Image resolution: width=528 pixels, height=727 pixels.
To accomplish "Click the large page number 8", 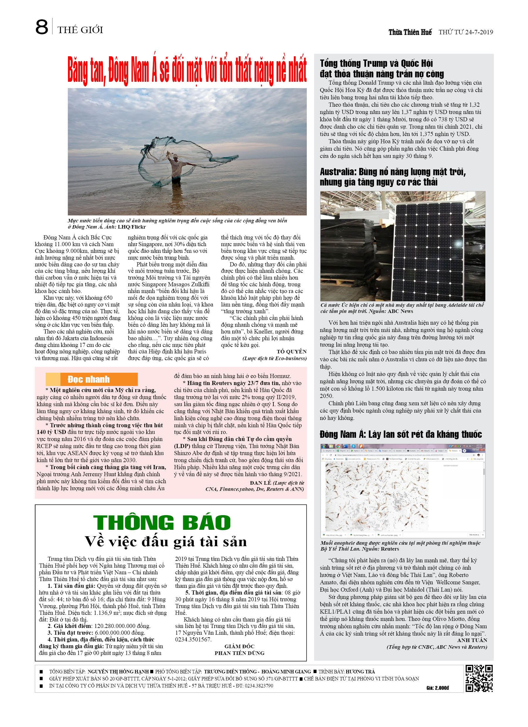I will (x=42, y=27).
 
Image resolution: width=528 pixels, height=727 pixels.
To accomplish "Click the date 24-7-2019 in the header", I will (x=479, y=32).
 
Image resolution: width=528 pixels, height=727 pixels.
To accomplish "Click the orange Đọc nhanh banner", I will (x=92, y=379).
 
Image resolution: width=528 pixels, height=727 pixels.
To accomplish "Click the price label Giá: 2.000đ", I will (x=437, y=688).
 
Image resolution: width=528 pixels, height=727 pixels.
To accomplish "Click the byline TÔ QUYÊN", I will (x=292, y=352).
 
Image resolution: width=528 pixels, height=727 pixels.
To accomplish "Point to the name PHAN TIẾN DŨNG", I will (x=239, y=653).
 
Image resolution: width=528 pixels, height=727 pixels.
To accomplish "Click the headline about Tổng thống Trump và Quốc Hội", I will (x=381, y=68).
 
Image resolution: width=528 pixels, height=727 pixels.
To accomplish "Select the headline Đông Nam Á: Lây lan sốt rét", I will (x=401, y=434).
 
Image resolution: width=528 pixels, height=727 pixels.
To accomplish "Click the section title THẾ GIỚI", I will (x=80, y=30).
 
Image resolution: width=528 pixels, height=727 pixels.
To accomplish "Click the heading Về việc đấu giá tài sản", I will (x=166, y=542).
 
